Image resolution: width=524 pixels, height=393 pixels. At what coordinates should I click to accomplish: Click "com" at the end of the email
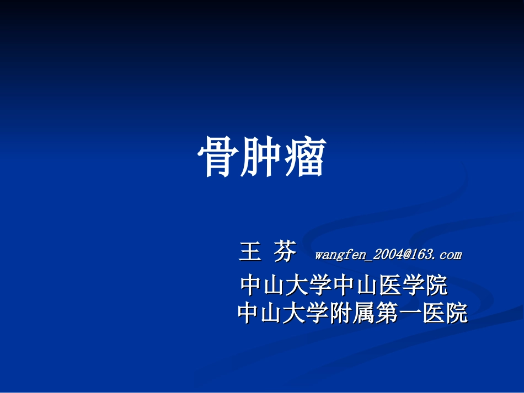tap(451, 255)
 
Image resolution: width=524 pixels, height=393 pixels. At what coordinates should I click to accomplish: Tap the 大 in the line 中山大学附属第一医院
tap(295, 314)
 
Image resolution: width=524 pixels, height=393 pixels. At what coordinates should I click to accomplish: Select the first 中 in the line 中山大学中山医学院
tap(252, 286)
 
